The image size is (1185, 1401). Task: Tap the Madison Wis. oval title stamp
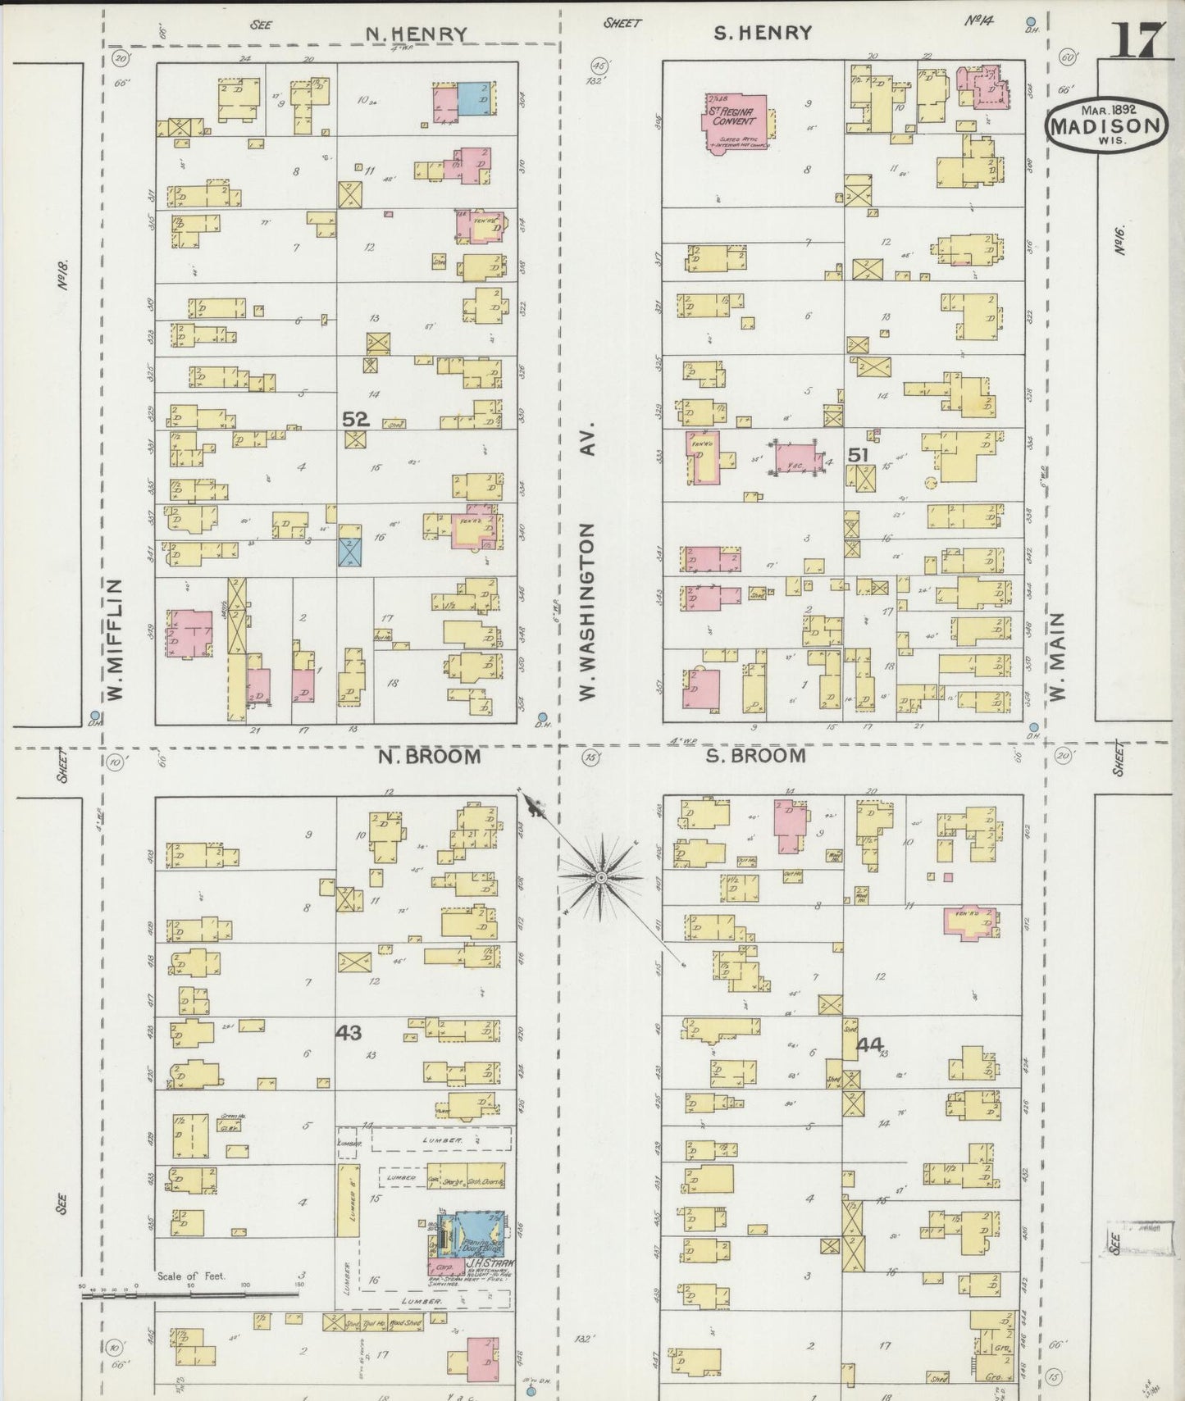[1106, 126]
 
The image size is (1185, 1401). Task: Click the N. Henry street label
[416, 34]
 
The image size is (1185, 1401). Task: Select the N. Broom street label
[429, 756]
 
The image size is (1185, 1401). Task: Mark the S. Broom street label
[755, 755]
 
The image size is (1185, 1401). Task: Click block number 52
[355, 418]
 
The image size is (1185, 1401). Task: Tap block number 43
[349, 1033]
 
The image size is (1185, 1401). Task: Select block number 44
[869, 1044]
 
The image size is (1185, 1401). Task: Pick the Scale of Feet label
[191, 1276]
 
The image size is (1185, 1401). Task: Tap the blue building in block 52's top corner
[476, 98]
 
